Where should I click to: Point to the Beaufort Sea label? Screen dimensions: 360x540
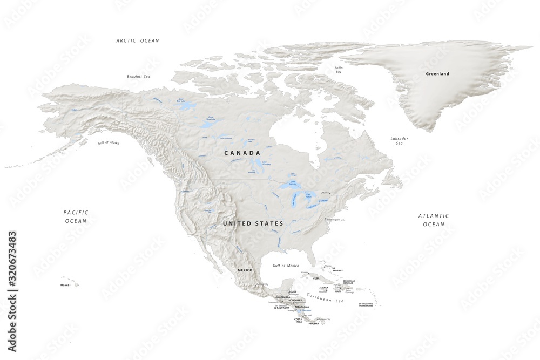[138, 77]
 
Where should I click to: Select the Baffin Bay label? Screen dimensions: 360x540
[339, 70]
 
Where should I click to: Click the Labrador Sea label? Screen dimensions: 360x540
[399, 141]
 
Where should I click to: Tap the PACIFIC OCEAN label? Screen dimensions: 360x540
[76, 216]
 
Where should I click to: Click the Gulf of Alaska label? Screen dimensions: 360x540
[109, 142]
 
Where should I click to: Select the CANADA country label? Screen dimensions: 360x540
[242, 153]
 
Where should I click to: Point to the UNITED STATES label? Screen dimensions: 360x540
[253, 223]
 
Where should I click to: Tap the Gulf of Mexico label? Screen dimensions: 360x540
[286, 266]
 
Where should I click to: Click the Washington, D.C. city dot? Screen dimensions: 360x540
[325, 219]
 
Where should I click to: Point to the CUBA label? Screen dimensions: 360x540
[317, 279]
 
